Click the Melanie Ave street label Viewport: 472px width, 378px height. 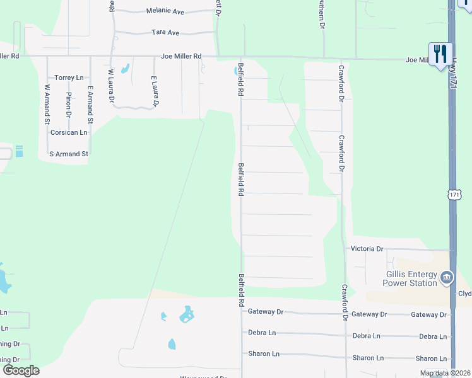(x=165, y=11)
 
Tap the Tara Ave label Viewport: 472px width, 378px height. (x=165, y=32)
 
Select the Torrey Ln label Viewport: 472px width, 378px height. (x=69, y=77)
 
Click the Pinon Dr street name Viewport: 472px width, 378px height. (x=68, y=105)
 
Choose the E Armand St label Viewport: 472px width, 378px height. (x=90, y=104)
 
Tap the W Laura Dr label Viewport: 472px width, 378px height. (x=111, y=86)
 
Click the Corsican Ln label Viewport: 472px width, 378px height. (x=69, y=132)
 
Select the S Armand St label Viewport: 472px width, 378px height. (x=69, y=154)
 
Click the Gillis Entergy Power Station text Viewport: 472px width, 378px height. (x=412, y=278)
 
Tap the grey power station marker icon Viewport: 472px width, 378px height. (x=447, y=277)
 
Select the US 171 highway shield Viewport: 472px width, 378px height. (x=455, y=194)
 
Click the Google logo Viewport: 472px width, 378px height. (x=21, y=370)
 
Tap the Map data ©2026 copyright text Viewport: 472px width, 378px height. (x=445, y=374)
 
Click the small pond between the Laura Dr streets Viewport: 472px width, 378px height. (x=125, y=68)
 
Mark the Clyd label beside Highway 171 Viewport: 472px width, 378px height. (x=464, y=294)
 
